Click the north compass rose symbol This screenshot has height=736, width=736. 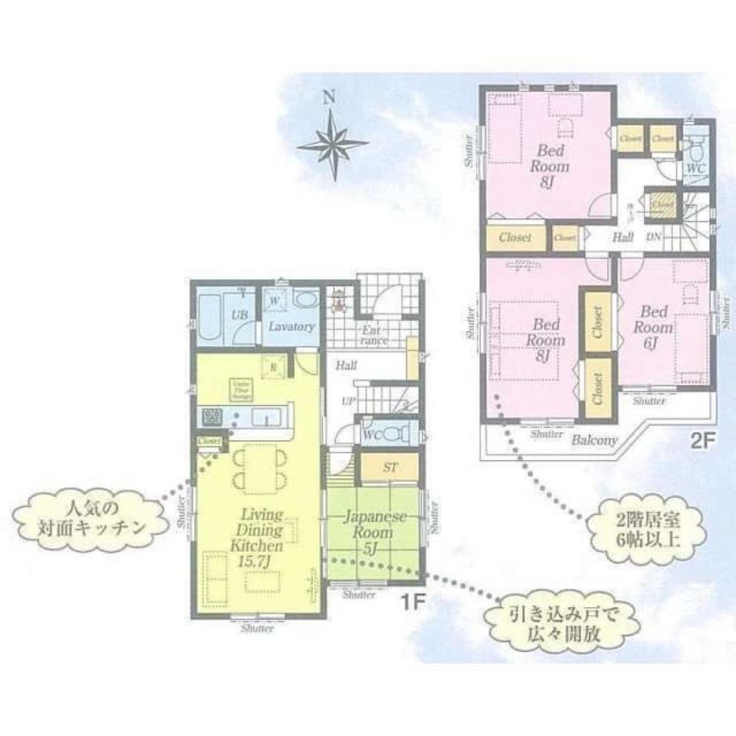(333, 144)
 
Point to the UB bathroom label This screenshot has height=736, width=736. (239, 315)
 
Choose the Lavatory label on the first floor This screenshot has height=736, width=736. (291, 326)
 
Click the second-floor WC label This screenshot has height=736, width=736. (696, 169)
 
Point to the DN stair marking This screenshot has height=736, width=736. (654, 237)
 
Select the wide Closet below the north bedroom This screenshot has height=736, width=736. (516, 238)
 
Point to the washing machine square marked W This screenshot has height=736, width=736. (274, 302)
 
